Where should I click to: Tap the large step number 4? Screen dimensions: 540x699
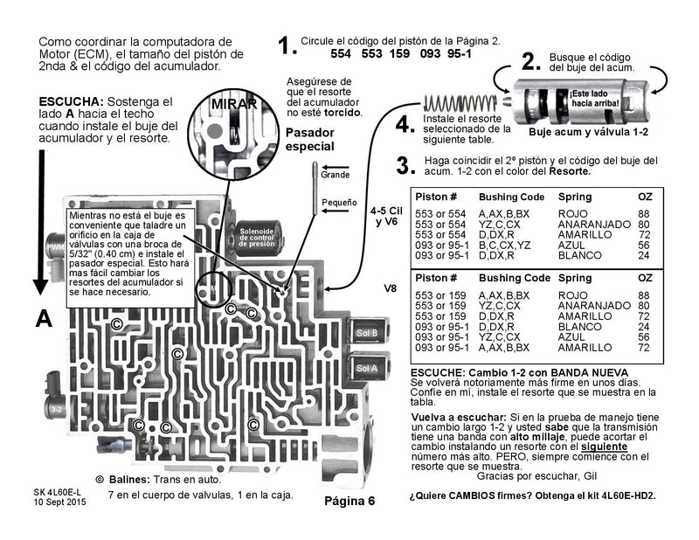pyautogui.click(x=405, y=125)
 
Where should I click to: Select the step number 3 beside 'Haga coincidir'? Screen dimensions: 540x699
pyautogui.click(x=403, y=166)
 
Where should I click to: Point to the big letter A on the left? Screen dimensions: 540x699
pyautogui.click(x=43, y=320)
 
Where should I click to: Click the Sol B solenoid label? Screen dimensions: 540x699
pyautogui.click(x=368, y=333)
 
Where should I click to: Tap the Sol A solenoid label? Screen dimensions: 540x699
pyautogui.click(x=368, y=369)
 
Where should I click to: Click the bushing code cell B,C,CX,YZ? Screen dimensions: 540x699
pyautogui.click(x=506, y=246)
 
